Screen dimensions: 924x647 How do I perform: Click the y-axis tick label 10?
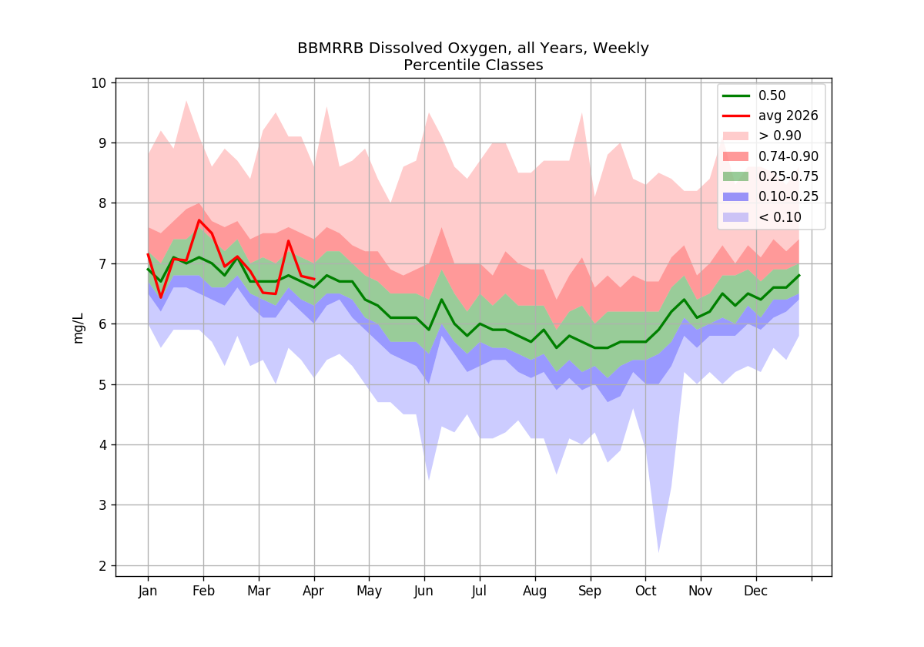99,83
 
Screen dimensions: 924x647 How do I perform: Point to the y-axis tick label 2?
102,565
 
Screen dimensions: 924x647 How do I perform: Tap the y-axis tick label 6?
102,324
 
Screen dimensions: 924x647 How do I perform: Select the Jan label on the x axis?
148,592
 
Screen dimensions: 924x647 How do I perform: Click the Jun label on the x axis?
424,592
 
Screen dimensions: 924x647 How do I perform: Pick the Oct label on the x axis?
645,591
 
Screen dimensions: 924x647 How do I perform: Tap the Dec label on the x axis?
755,591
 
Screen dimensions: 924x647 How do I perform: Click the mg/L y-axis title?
78,328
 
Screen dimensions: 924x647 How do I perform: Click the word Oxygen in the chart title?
479,49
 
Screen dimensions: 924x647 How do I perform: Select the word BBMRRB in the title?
330,49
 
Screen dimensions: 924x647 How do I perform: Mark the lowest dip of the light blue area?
658,552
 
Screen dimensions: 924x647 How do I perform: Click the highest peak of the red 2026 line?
199,220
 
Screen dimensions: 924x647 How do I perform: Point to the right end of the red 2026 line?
315,280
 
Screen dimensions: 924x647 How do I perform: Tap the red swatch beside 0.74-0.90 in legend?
735,156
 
